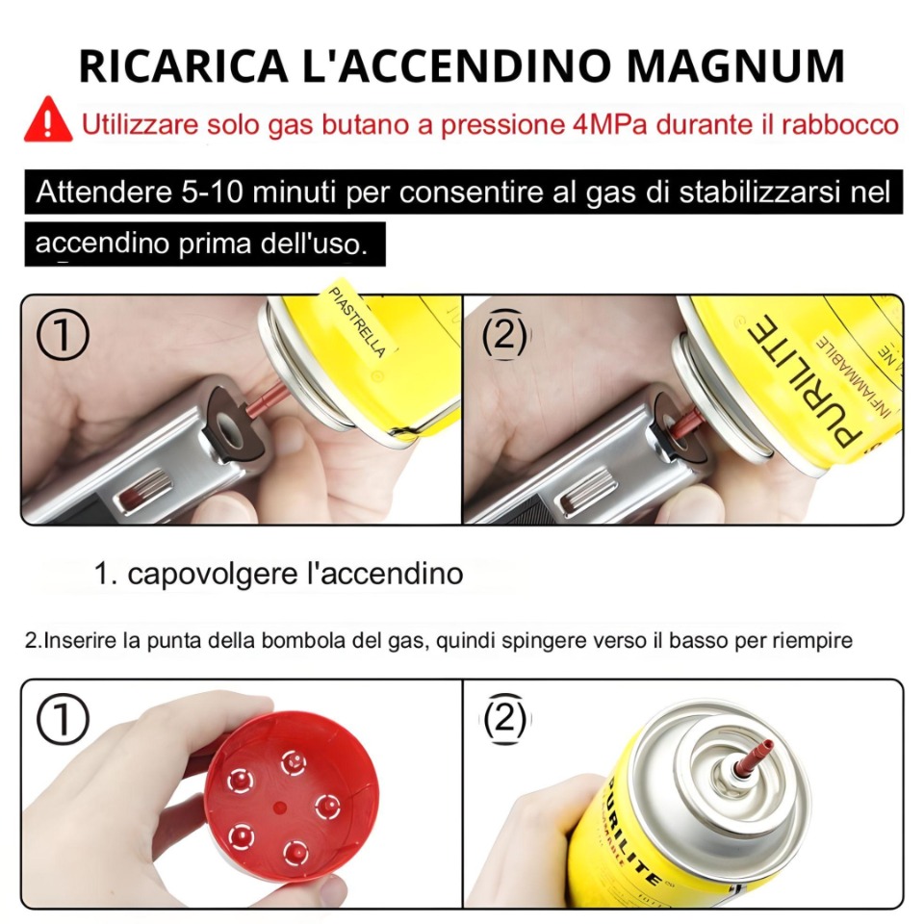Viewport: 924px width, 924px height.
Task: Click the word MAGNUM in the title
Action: point(735,65)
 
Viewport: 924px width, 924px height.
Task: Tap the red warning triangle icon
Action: point(48,121)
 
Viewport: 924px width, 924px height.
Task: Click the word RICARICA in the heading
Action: point(183,65)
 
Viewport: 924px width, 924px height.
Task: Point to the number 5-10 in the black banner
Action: point(212,192)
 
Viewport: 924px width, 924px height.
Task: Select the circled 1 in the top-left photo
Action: point(63,334)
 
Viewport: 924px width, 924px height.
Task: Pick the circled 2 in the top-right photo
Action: point(505,334)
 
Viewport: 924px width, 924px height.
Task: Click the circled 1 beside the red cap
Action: point(63,719)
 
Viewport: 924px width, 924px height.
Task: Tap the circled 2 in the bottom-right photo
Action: point(505,719)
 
